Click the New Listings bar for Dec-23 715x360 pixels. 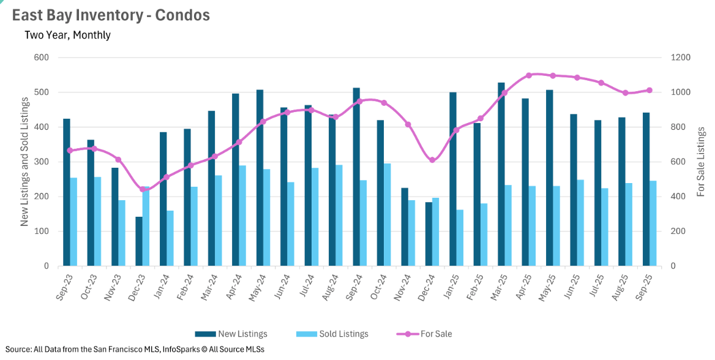139,241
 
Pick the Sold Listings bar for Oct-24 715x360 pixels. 387,215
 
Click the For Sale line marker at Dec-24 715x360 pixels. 432,160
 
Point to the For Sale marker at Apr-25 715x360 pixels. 529,75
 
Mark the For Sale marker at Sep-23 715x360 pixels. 70,150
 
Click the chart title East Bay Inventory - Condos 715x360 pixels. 111,15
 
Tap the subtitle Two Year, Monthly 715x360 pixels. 67,35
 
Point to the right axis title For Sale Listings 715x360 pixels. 702,162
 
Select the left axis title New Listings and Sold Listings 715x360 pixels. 24,162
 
